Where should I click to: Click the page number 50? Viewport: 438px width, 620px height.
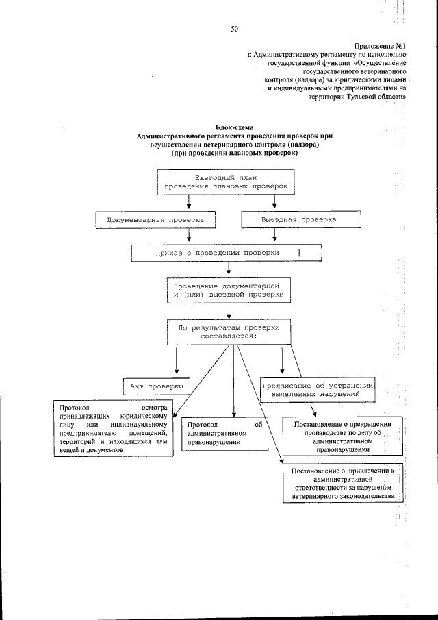click(x=234, y=28)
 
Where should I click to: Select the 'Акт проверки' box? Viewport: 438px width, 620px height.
click(x=157, y=386)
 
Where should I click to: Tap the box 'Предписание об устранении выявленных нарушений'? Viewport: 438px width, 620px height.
click(x=317, y=390)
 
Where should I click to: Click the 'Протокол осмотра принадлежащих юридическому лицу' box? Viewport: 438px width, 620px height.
click(x=114, y=430)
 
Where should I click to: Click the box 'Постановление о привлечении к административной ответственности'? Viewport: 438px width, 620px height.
click(x=343, y=483)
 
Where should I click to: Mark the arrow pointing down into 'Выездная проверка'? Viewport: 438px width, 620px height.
click(x=275, y=203)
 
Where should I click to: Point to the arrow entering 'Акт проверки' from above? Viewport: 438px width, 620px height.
click(x=177, y=360)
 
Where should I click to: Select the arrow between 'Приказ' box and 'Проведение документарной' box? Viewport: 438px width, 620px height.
click(x=228, y=271)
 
